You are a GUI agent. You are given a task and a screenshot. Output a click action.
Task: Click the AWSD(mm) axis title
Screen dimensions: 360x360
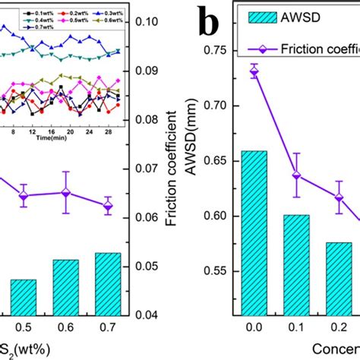pos(193,152)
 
